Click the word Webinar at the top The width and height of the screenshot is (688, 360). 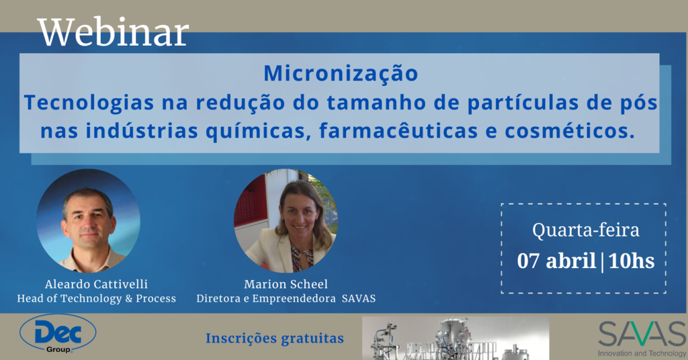click(x=114, y=32)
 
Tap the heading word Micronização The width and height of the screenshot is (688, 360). click(x=341, y=74)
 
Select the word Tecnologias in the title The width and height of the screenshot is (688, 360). click(x=89, y=103)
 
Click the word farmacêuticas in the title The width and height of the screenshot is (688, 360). click(x=398, y=131)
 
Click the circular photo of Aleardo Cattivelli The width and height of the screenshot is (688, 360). click(x=88, y=220)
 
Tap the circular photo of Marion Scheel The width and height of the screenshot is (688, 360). click(x=286, y=220)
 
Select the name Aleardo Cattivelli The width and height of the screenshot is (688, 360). click(x=96, y=284)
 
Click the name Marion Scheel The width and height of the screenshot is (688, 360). click(x=286, y=284)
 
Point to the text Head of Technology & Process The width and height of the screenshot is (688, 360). click(x=97, y=299)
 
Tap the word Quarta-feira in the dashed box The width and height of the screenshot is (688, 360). click(x=586, y=230)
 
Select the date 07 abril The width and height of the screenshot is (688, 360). click(x=556, y=261)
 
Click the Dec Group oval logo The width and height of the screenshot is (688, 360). click(x=58, y=334)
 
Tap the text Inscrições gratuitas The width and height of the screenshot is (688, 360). click(x=275, y=339)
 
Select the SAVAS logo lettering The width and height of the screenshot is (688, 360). click(x=642, y=334)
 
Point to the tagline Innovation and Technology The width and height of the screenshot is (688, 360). click(x=642, y=353)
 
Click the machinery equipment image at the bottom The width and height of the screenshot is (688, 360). click(x=456, y=338)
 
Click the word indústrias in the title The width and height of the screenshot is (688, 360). click(x=142, y=131)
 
